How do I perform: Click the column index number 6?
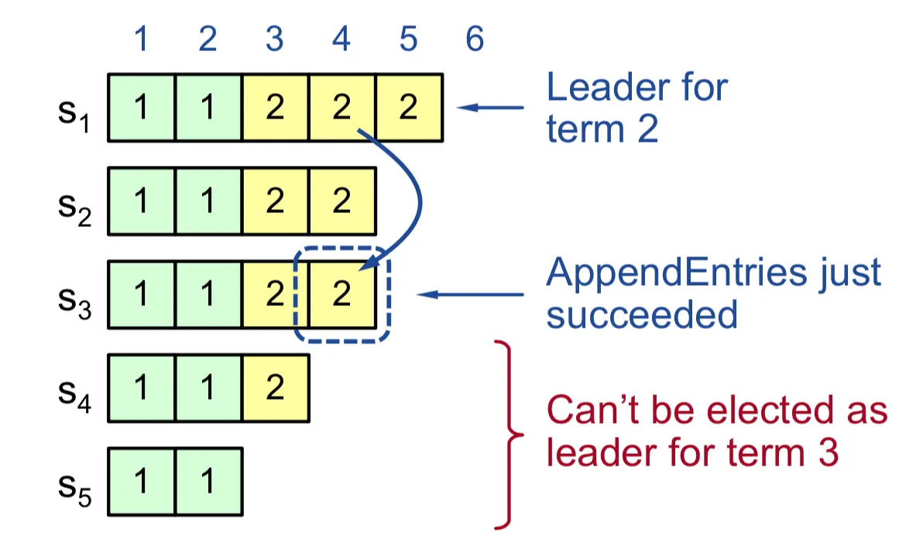click(475, 39)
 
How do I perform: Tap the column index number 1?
click(141, 39)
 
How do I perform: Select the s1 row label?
click(74, 114)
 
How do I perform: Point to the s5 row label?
click(74, 489)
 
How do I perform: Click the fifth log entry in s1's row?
click(409, 108)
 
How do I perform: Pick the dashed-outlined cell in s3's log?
click(342, 294)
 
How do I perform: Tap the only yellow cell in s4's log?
click(275, 388)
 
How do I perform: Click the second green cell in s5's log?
click(208, 482)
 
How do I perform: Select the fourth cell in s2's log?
click(342, 201)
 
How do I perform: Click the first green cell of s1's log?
click(141, 108)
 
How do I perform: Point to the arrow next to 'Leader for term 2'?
click(490, 107)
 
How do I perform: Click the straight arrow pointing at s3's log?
click(470, 294)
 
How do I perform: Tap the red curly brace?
click(507, 435)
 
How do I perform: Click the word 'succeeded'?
click(642, 315)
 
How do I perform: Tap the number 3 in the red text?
click(828, 452)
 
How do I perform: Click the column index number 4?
click(341, 39)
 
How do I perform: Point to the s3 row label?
click(74, 301)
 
